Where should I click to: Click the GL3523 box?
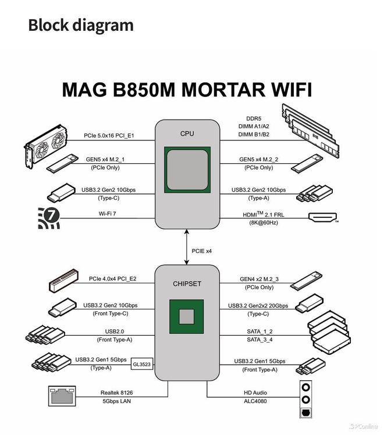[x=142, y=364]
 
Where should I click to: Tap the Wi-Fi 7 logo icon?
[x=49, y=218]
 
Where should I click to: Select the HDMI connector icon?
[x=322, y=217]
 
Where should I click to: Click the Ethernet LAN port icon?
[x=62, y=396]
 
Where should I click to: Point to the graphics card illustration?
[x=46, y=146]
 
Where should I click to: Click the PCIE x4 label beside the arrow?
[x=202, y=251]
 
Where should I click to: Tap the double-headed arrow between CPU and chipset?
[x=187, y=247]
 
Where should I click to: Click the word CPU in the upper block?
[x=187, y=134]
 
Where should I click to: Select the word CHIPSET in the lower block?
[x=187, y=284]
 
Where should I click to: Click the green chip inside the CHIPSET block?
[x=187, y=317]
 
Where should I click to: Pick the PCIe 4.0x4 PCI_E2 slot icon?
[x=63, y=281]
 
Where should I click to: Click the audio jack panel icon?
[x=306, y=399]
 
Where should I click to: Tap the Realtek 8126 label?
[x=117, y=393]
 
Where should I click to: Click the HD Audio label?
[x=255, y=393]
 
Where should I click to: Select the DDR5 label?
[x=254, y=118]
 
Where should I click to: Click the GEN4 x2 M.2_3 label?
[x=259, y=279]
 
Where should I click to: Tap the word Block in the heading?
[x=48, y=25]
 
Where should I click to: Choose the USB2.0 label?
[x=115, y=332]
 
